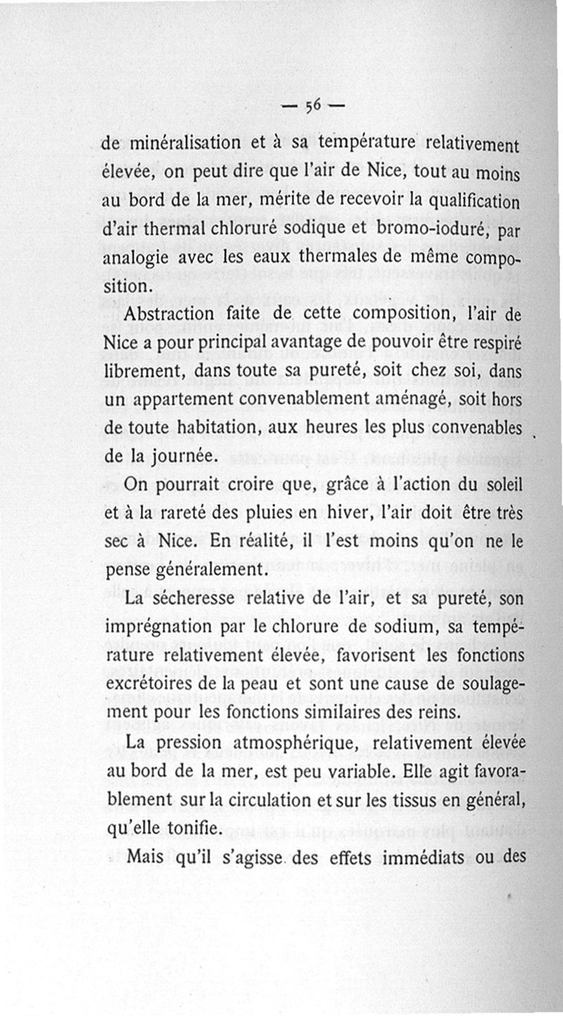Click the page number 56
313,106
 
